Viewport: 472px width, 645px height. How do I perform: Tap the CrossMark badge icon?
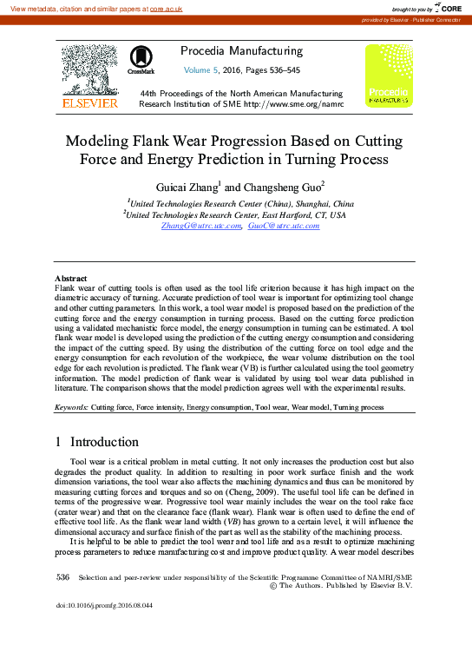click(x=141, y=58)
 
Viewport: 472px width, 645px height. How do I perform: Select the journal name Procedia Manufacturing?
click(x=240, y=51)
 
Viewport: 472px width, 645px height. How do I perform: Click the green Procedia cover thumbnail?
click(x=388, y=76)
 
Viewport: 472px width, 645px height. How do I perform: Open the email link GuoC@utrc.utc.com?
click(x=284, y=226)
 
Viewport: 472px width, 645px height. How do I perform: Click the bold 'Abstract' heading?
click(x=71, y=278)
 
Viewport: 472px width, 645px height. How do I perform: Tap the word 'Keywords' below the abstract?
click(x=71, y=407)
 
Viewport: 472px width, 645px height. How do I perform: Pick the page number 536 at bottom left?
click(x=62, y=576)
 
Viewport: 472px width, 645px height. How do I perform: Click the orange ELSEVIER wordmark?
click(x=89, y=103)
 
